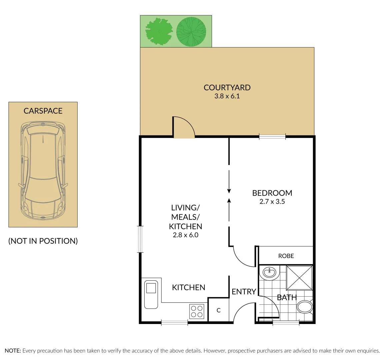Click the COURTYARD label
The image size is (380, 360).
click(x=227, y=88)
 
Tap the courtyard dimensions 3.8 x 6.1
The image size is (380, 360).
click(x=227, y=96)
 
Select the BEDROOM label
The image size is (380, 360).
click(x=272, y=193)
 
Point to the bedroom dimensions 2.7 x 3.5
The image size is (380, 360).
click(x=272, y=202)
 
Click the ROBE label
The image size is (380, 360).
click(x=286, y=256)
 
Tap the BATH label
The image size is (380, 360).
click(x=287, y=297)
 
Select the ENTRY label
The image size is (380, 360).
click(x=244, y=292)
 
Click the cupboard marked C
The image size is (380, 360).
click(x=219, y=310)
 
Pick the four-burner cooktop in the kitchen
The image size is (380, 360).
click(x=197, y=312)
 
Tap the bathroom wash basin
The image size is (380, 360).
click(x=269, y=273)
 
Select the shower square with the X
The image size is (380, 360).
click(x=299, y=278)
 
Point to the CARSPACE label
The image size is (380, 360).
click(x=43, y=111)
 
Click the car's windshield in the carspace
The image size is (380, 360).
click(x=43, y=183)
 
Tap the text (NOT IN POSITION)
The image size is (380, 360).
click(x=43, y=241)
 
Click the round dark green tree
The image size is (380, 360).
click(x=191, y=31)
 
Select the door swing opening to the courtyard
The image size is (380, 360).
click(x=184, y=127)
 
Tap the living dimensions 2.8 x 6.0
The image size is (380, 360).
click(x=185, y=235)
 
